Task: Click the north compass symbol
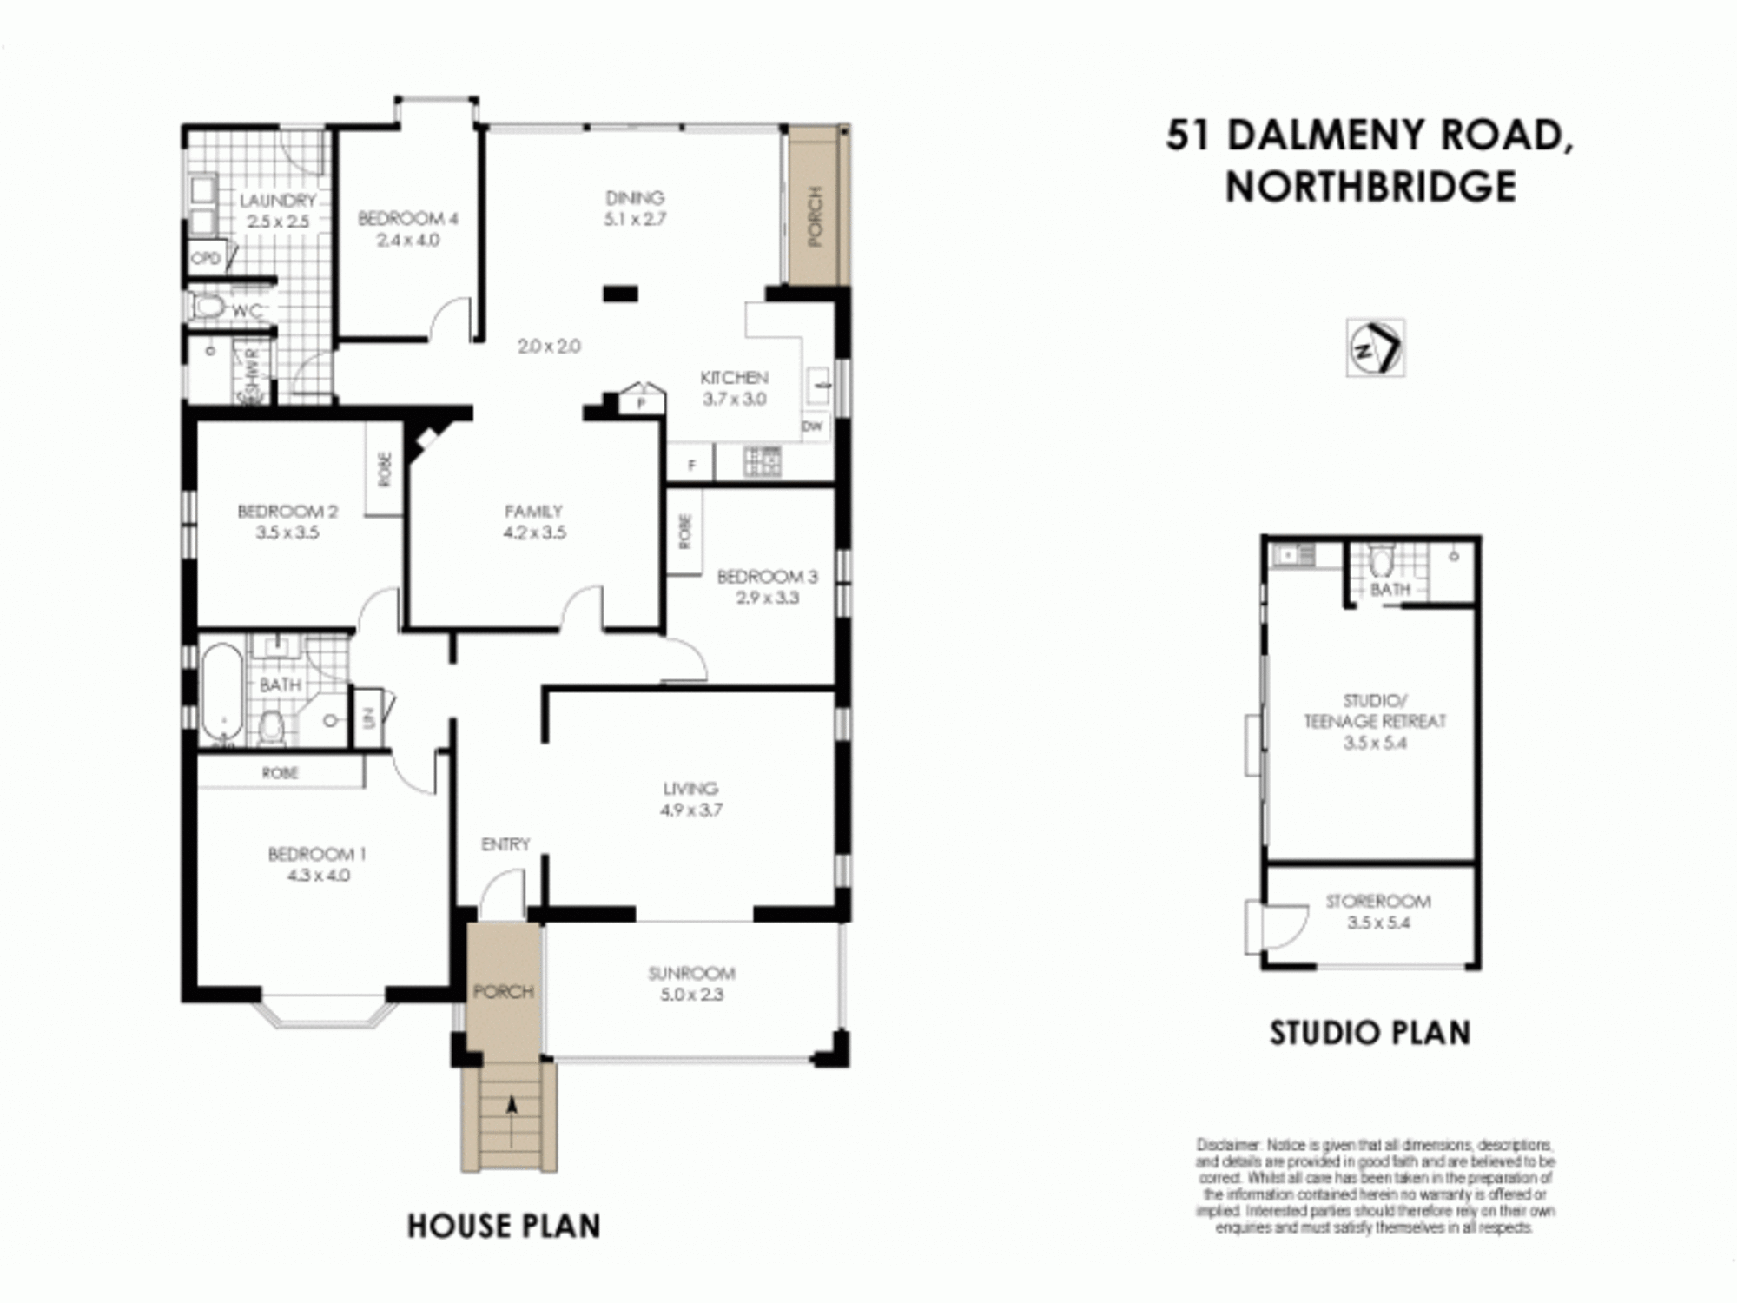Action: coord(1375,348)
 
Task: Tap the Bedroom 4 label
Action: coord(407,219)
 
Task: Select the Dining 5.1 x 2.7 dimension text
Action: coord(635,220)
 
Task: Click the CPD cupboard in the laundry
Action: coord(207,258)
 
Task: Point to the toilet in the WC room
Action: coord(208,307)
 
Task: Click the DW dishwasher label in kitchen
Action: coord(812,427)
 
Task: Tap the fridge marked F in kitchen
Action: coord(691,466)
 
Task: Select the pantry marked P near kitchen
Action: coord(641,403)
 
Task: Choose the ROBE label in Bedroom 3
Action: coord(684,531)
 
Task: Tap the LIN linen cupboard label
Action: coord(368,718)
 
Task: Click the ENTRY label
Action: coord(505,844)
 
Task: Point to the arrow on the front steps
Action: coord(512,1108)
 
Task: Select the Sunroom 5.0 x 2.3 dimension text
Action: coord(691,995)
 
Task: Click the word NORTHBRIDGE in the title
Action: coord(1370,187)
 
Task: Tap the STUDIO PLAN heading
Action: coord(1370,1033)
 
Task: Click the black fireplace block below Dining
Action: coord(620,294)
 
